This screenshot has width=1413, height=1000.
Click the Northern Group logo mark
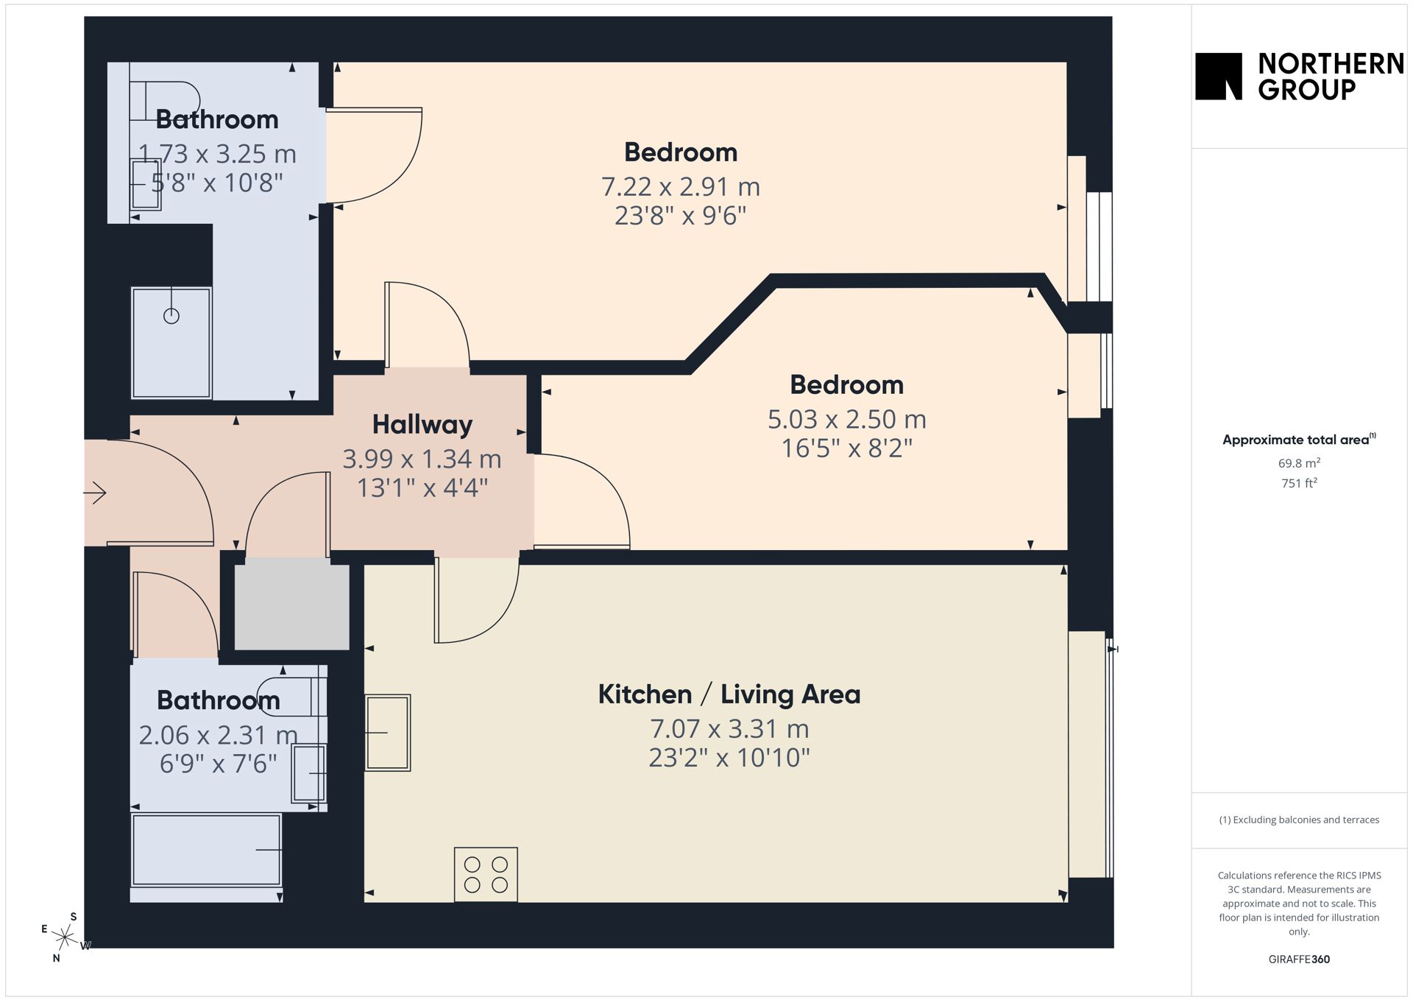click(1218, 76)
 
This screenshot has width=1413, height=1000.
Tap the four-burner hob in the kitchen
click(486, 874)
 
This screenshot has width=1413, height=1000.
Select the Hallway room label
click(422, 425)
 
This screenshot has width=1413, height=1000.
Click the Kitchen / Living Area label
click(729, 694)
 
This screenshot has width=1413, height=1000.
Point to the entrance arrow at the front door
click(96, 493)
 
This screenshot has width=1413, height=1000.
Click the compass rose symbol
click(65, 937)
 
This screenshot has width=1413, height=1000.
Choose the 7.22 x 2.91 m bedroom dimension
click(681, 187)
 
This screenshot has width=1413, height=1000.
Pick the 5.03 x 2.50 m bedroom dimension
click(847, 420)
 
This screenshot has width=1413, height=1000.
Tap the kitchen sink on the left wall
click(388, 733)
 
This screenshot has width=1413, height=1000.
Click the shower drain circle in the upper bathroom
click(171, 316)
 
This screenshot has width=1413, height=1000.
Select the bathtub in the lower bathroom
click(206, 850)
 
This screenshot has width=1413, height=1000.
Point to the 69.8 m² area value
click(1299, 463)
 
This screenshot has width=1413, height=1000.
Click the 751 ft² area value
click(1299, 483)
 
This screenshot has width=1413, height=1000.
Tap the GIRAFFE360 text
click(1299, 959)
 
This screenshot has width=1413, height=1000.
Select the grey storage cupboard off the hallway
click(292, 604)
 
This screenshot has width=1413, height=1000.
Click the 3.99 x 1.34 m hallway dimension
click(422, 459)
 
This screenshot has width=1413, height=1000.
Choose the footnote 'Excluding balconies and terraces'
click(1299, 820)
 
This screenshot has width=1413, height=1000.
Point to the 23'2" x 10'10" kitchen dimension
click(729, 758)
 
